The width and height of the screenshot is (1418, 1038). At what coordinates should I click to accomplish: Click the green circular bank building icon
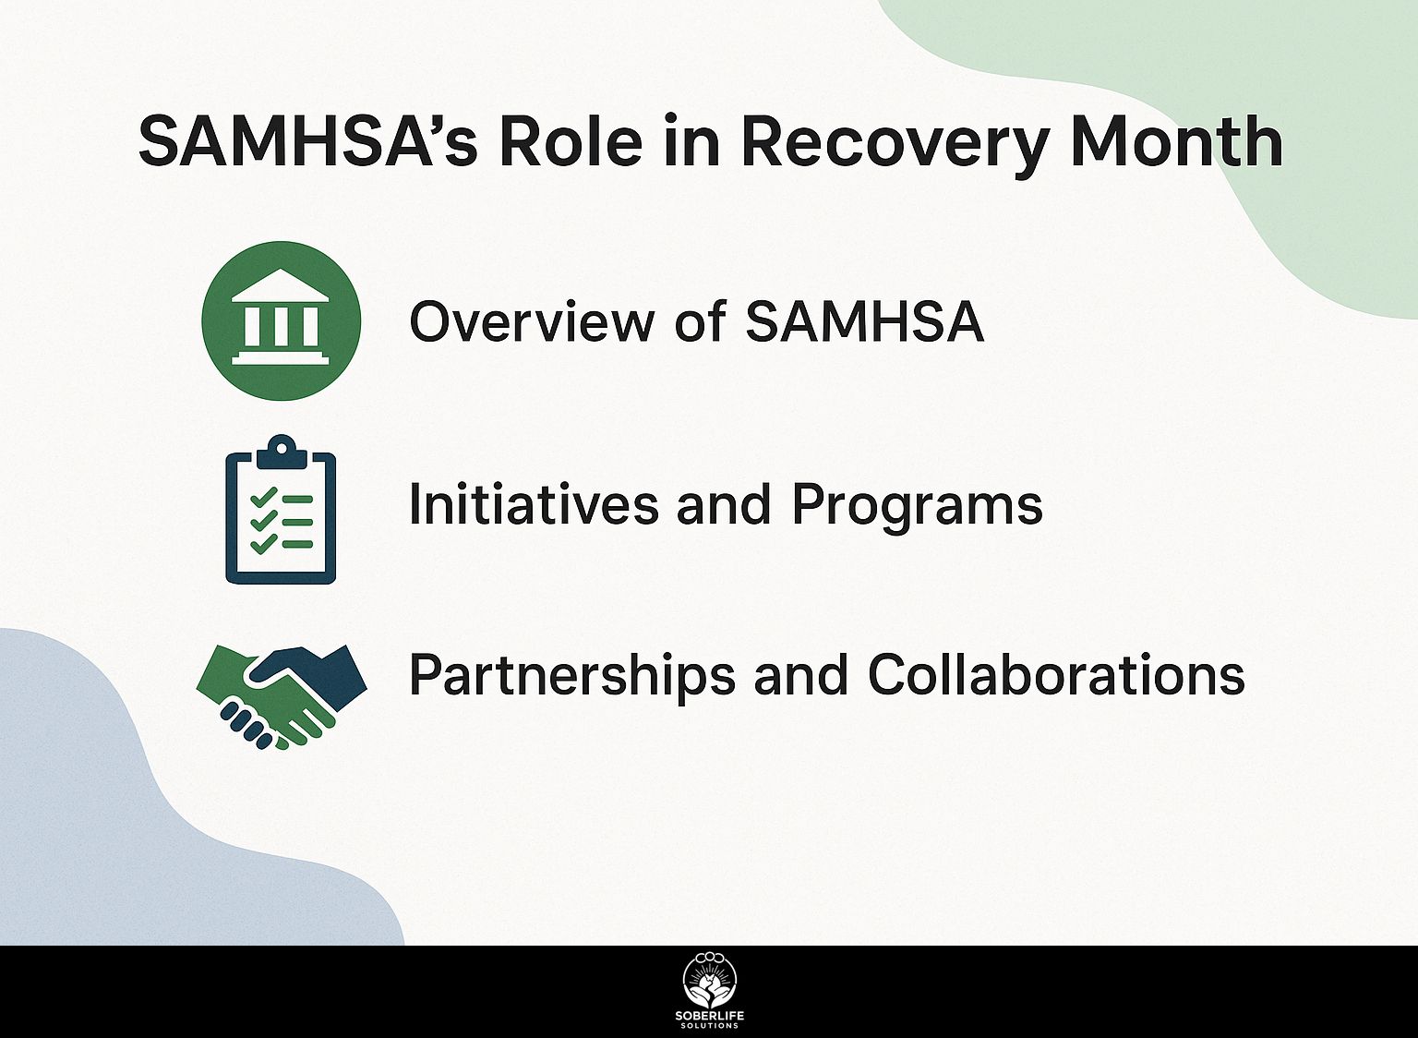pyautogui.click(x=281, y=320)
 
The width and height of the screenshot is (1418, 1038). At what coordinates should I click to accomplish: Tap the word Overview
pyautogui.click(x=532, y=321)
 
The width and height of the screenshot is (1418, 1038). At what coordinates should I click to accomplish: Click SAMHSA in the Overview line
pyautogui.click(x=864, y=321)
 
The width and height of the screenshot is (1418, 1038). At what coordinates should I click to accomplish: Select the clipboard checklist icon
pyautogui.click(x=281, y=509)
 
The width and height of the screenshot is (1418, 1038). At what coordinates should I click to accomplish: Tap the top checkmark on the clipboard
pyautogui.click(x=264, y=496)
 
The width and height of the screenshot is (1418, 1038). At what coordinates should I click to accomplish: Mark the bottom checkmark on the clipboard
pyautogui.click(x=264, y=542)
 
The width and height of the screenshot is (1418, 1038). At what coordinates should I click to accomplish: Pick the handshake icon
pyautogui.click(x=282, y=697)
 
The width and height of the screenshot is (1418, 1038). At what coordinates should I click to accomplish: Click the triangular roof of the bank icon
pyautogui.click(x=281, y=285)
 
